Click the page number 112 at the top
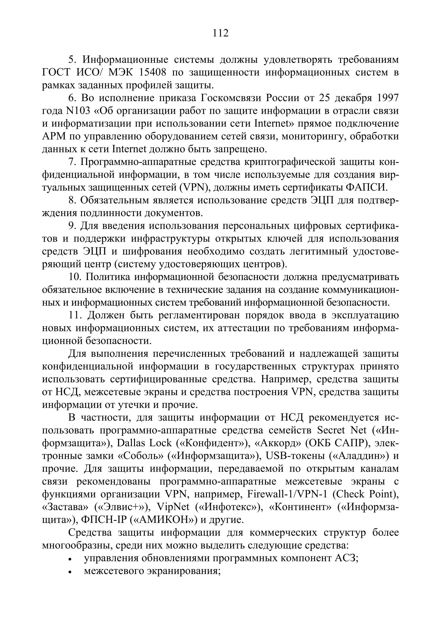pyautogui.click(x=220, y=33)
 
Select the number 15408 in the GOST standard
pyautogui.click(x=152, y=73)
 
